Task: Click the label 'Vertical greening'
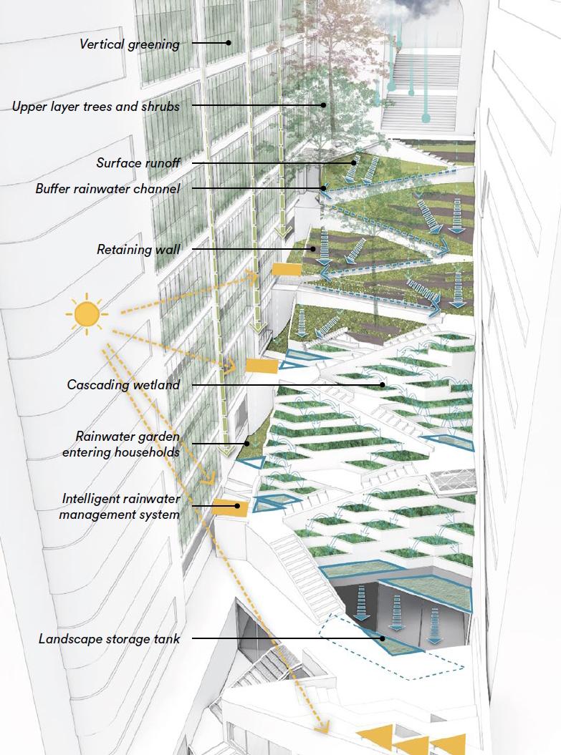[129, 44]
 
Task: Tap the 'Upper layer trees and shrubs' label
[95, 107]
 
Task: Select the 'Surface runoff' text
[138, 163]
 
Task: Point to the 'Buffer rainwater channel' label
[107, 189]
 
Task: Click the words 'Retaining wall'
[138, 250]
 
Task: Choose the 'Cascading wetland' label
[123, 385]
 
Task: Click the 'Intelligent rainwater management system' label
[120, 506]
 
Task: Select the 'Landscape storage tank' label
[109, 638]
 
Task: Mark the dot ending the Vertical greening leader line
[229, 43]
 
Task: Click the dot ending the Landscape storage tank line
[383, 638]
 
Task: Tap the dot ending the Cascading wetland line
[383, 385]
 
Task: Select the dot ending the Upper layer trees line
[323, 105]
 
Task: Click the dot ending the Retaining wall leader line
[313, 249]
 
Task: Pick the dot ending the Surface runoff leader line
[354, 163]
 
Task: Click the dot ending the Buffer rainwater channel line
[323, 189]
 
